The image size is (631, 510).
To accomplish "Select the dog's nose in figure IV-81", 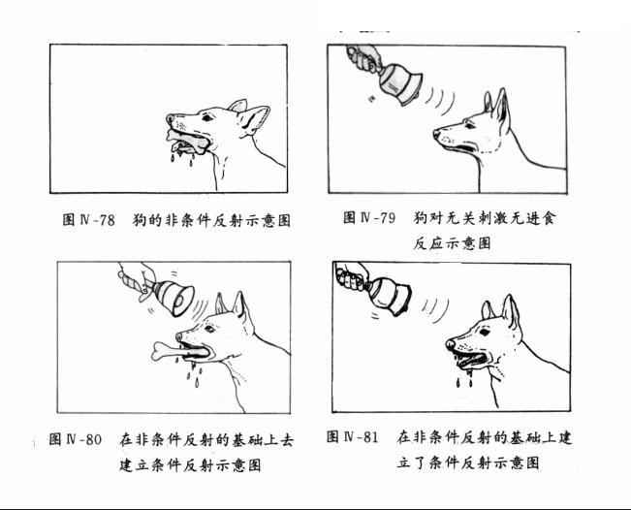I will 450,344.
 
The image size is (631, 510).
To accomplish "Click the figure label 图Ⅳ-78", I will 88,220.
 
